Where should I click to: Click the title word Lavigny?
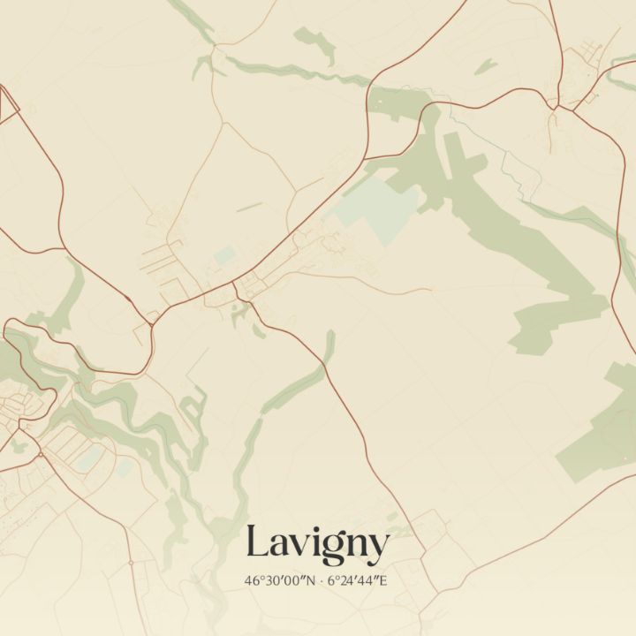pyautogui.click(x=317, y=543)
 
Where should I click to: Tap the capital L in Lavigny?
pyautogui.click(x=256, y=541)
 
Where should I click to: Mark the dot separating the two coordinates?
pyautogui.click(x=321, y=581)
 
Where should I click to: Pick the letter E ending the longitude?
pyautogui.click(x=384, y=581)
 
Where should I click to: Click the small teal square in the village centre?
pyautogui.click(x=224, y=255)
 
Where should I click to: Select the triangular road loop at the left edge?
pyautogui.click(x=7, y=104)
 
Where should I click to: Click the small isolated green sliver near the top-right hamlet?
pyautogui.click(x=485, y=66)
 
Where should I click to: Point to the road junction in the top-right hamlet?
pyautogui.click(x=554, y=108)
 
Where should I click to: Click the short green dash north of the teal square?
pyautogui.click(x=249, y=208)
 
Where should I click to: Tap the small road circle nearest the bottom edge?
pyautogui.click(x=131, y=562)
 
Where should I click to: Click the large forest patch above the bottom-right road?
pyautogui.click(x=601, y=424)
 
